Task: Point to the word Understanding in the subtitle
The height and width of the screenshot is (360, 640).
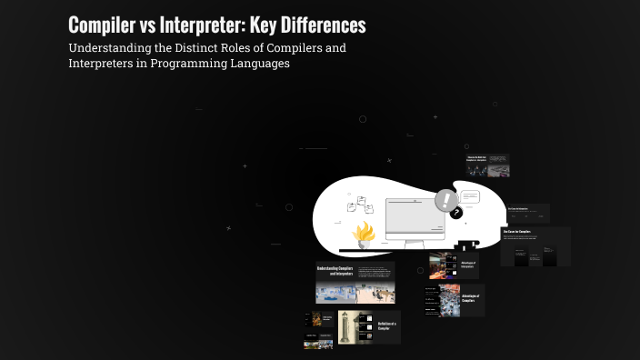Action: click(107, 47)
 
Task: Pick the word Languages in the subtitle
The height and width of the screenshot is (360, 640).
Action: click(262, 64)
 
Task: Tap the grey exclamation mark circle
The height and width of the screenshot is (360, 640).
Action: click(445, 200)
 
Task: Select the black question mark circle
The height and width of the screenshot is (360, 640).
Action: click(456, 214)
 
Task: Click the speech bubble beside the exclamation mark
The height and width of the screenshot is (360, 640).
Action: click(469, 195)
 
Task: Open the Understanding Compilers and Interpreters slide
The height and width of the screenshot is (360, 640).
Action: click(355, 283)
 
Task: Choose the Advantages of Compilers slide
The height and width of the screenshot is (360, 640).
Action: click(455, 300)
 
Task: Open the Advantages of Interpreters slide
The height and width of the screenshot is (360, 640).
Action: click(455, 265)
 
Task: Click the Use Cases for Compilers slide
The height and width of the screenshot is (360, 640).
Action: click(535, 246)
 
